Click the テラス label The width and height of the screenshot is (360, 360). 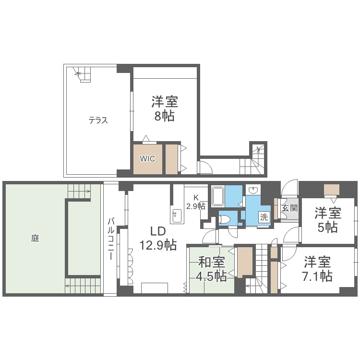98,120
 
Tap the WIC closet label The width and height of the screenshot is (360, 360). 147,159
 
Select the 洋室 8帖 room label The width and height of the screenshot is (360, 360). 165,109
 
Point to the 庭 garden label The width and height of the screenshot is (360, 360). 35,238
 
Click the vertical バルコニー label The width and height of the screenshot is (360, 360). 111,239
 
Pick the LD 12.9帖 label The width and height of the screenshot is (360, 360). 157,238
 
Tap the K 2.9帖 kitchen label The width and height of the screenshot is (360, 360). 196,202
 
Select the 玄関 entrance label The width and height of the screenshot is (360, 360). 289,208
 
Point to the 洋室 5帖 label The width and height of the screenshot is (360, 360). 328,219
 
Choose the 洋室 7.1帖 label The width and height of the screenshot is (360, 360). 318,269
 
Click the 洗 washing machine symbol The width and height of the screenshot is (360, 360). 264,216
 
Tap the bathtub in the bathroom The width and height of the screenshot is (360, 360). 218,196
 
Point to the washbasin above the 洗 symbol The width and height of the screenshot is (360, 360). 253,191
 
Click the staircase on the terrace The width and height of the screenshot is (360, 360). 83,74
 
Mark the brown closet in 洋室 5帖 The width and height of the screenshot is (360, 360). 332,190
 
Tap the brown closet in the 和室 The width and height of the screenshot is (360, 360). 245,262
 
